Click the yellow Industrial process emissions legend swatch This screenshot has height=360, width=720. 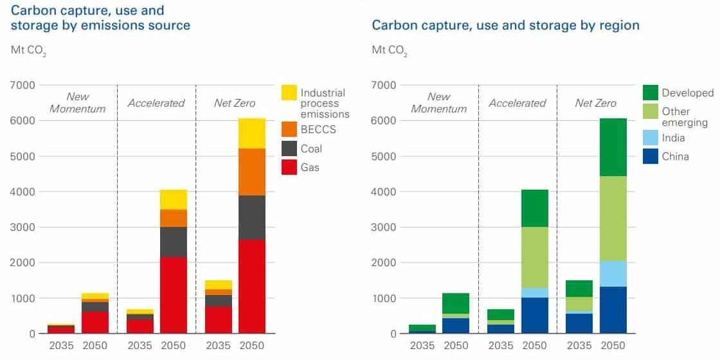tap(289, 93)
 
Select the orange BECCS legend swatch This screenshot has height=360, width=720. tap(289, 129)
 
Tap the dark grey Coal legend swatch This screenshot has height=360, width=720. tap(289, 148)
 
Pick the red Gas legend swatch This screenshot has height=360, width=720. tap(289, 167)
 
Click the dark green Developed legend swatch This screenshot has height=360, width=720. tap(651, 93)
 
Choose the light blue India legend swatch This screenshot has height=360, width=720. tap(651, 137)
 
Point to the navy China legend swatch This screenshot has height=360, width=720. tap(651, 156)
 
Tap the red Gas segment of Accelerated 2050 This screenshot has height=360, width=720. tap(173, 295)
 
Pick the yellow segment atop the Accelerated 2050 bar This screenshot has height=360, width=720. tap(173, 199)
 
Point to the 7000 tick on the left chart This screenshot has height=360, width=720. tap(22, 85)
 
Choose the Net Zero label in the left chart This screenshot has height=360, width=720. tap(235, 103)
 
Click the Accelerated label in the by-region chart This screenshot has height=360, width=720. tap(517, 103)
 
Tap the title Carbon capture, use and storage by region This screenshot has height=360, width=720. tap(505, 26)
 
